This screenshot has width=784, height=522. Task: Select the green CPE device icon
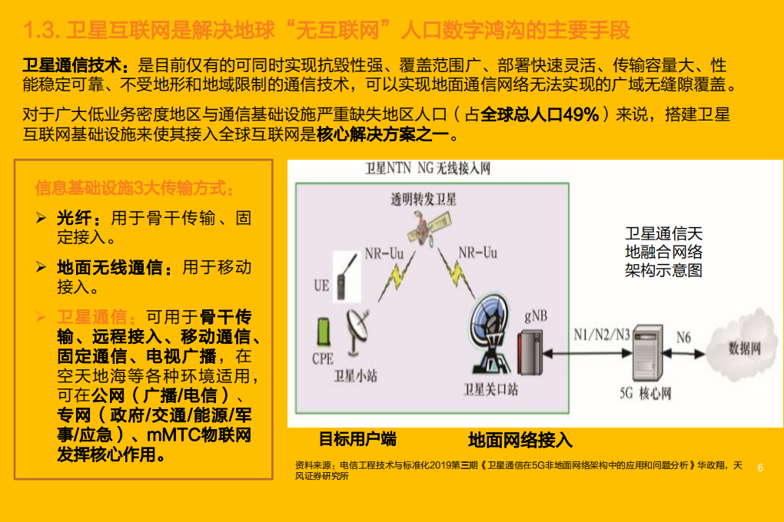pos(324,331)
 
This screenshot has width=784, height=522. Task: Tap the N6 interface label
pos(683,336)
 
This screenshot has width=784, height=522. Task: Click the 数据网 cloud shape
pos(743,347)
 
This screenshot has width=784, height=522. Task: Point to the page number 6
pos(761,467)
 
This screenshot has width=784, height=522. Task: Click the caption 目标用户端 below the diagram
pos(357,440)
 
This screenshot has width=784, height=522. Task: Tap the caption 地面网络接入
pos(520,440)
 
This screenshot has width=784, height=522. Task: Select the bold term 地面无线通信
pos(109,268)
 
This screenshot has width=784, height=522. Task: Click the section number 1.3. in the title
pos(43,31)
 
